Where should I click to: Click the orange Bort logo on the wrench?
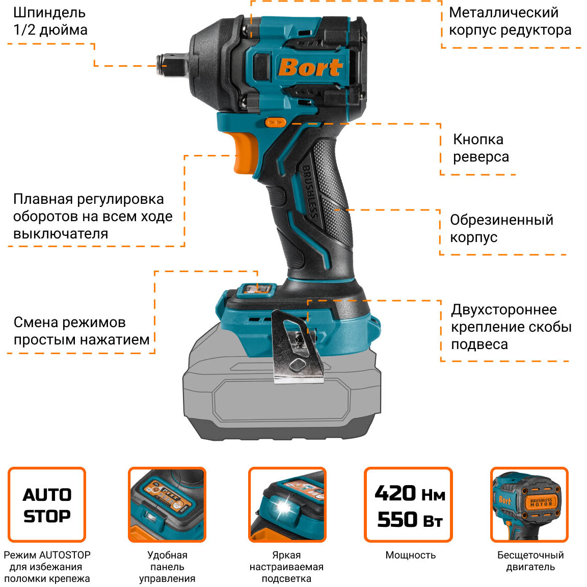point(310,67)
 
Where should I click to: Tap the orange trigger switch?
point(245,153)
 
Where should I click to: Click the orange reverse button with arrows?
point(276,122)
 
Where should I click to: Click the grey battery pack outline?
point(282,397)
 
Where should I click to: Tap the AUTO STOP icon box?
point(47,504)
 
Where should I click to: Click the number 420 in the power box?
point(395,493)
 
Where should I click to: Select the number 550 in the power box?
point(397,519)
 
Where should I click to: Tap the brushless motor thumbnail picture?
point(529,504)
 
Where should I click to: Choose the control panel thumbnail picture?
point(167,504)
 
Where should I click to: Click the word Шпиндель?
point(49,12)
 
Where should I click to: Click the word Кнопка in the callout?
point(478,139)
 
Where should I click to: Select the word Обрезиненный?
point(501,220)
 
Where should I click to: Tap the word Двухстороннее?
point(503,309)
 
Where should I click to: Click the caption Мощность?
point(410,555)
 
